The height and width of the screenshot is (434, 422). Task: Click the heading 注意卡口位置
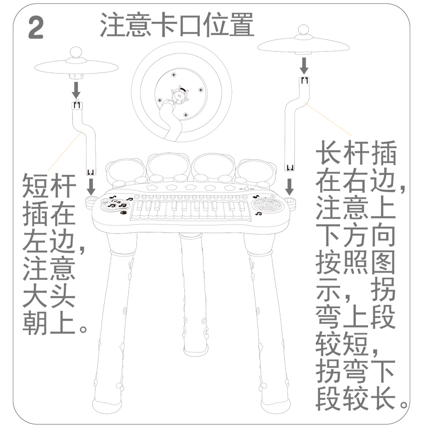tap(177, 25)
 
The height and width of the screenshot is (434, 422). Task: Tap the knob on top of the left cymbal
tap(76, 53)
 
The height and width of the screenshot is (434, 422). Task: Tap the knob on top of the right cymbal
tap(303, 30)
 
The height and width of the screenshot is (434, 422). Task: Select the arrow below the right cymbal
tap(304, 66)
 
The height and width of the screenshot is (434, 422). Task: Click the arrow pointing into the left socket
tap(91, 186)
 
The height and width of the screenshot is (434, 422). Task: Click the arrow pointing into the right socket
tap(290, 186)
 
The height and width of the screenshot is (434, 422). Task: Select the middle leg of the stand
tap(194, 293)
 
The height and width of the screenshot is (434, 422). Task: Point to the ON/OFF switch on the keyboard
tap(246, 189)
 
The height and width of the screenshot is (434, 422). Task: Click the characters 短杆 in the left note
tap(49, 186)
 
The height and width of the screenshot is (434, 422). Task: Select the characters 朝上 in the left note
tap(49, 322)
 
